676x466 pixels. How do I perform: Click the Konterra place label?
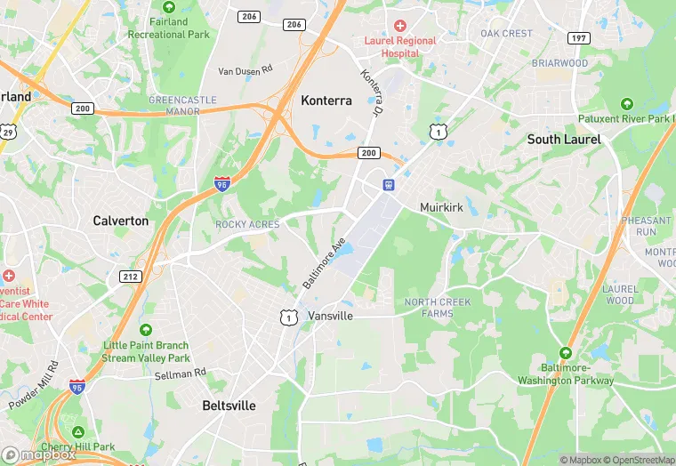326,100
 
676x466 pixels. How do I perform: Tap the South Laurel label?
564,139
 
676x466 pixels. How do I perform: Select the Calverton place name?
121,221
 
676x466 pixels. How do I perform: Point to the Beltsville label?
229,406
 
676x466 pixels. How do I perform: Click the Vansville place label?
331,316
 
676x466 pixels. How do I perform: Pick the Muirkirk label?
443,207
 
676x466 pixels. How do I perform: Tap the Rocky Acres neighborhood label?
247,224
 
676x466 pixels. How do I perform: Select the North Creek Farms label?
438,308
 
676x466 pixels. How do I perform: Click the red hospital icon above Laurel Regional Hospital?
400,27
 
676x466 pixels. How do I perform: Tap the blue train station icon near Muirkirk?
389,185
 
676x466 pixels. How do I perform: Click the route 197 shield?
580,37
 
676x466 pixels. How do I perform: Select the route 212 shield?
131,277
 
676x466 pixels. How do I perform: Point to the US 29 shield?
9,132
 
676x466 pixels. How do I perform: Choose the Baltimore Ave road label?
323,262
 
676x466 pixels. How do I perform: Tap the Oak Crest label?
506,34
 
